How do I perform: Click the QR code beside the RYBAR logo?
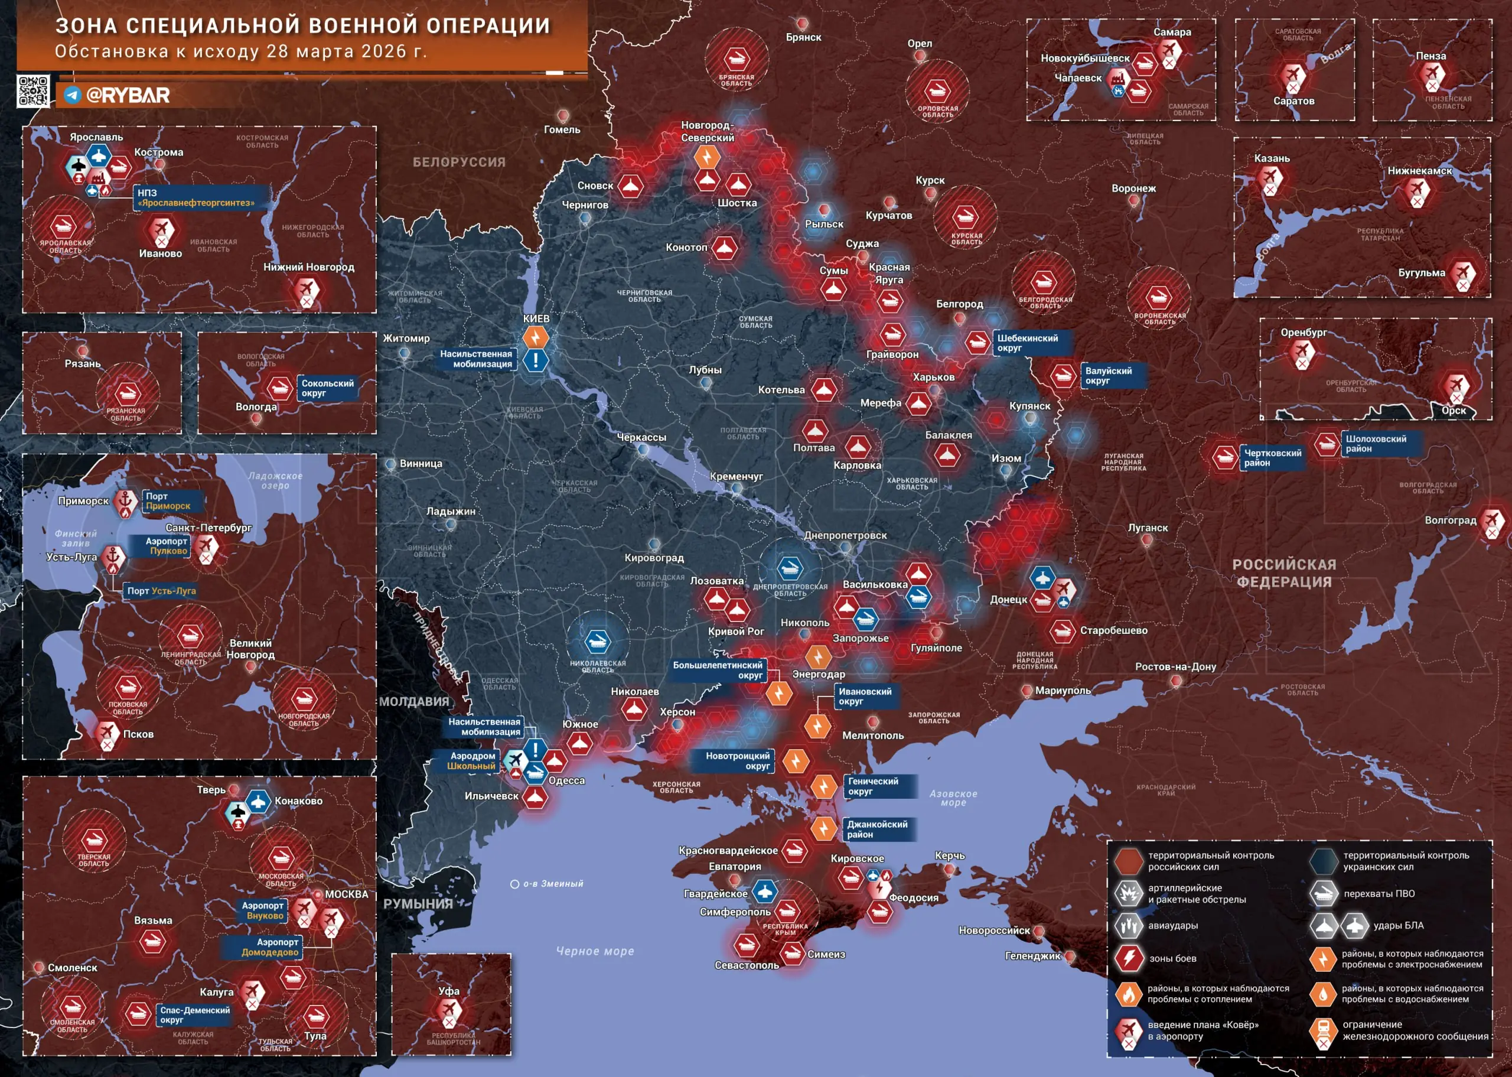click(33, 91)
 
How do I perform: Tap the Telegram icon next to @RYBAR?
click(72, 95)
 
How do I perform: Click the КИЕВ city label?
click(536, 319)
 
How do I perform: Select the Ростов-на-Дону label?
click(1175, 666)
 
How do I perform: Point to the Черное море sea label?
click(595, 951)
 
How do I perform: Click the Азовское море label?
click(953, 798)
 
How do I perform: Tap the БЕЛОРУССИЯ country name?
click(459, 162)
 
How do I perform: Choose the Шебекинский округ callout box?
click(1028, 343)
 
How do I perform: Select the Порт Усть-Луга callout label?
click(161, 591)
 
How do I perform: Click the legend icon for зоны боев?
click(1128, 958)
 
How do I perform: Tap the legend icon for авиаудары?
click(1128, 925)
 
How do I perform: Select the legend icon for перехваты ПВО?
click(1323, 894)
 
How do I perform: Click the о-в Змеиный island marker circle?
click(514, 884)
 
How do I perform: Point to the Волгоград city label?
click(1451, 520)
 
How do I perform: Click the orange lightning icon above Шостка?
click(706, 157)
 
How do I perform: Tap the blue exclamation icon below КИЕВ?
click(536, 361)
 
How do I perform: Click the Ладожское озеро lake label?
click(275, 481)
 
